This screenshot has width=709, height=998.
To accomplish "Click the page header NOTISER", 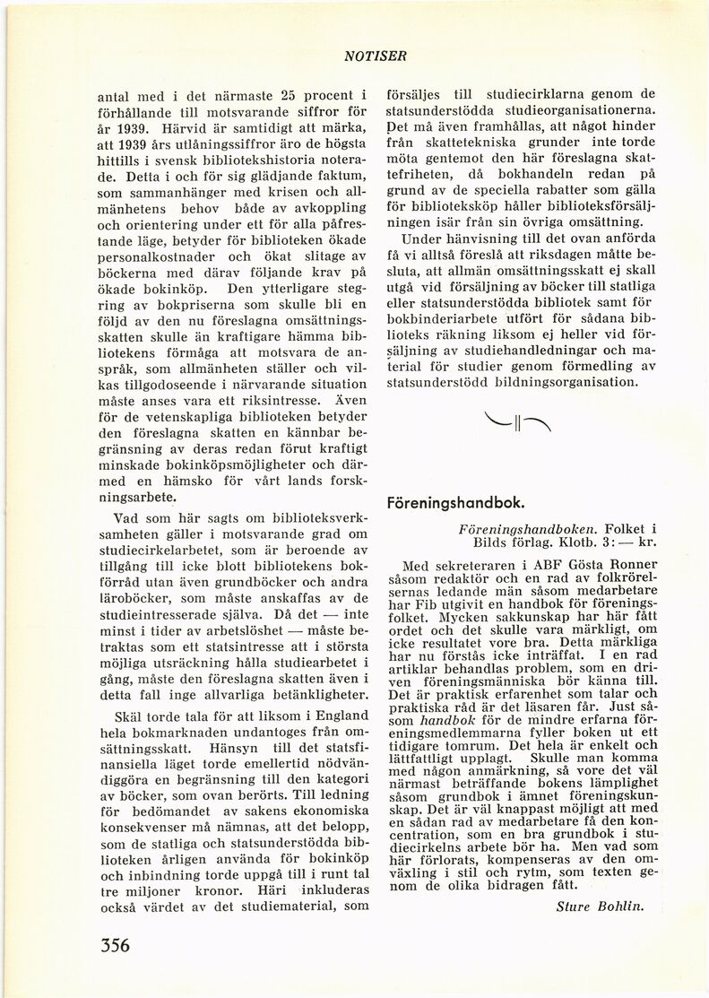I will (375, 56).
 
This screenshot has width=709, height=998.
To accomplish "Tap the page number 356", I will (110, 945).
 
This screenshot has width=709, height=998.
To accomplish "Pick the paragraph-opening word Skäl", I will (130, 715).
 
